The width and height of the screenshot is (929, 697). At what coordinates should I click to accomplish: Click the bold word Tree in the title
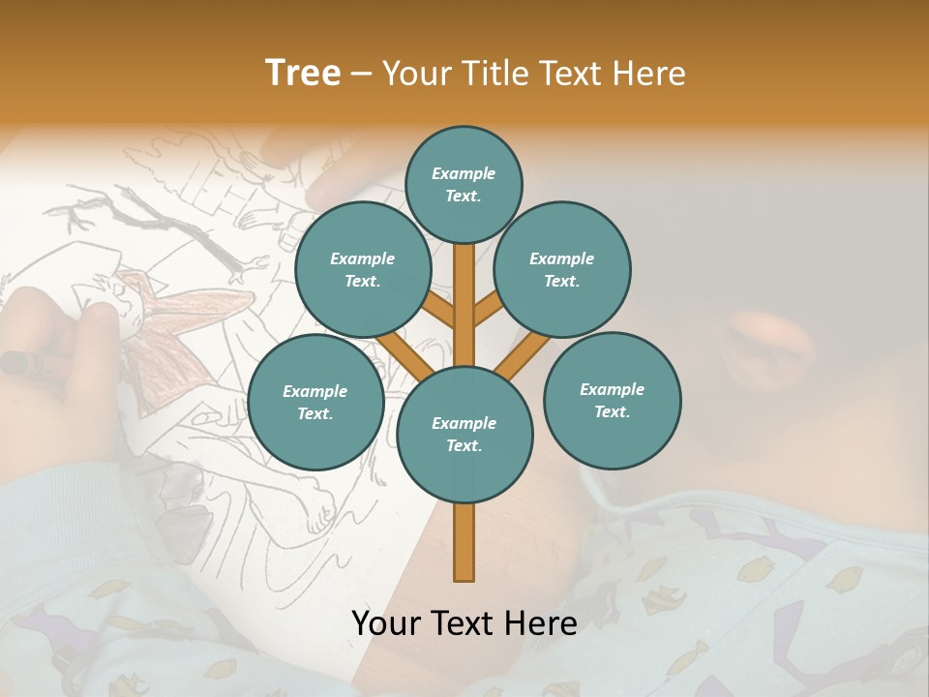click(x=303, y=73)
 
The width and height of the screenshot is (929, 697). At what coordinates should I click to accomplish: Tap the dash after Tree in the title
click(x=361, y=75)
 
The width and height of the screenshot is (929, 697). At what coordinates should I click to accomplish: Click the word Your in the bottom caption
click(x=387, y=623)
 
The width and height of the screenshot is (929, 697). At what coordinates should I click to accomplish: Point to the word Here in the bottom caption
click(x=541, y=623)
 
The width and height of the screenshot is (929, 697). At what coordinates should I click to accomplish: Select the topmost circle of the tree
click(x=464, y=184)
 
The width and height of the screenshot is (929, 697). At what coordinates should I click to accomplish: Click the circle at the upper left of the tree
click(x=362, y=269)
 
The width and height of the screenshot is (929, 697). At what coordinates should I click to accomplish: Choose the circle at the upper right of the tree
click(x=562, y=269)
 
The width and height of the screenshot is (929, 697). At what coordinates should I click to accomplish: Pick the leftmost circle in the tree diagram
click(x=315, y=402)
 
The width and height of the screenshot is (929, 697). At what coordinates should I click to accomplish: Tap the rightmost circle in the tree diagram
click(x=612, y=400)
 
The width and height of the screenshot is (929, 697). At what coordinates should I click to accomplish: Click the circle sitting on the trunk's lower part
click(x=464, y=434)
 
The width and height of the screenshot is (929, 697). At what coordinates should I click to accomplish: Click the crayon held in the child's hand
click(x=21, y=363)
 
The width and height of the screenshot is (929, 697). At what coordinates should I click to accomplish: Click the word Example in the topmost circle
click(x=464, y=173)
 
